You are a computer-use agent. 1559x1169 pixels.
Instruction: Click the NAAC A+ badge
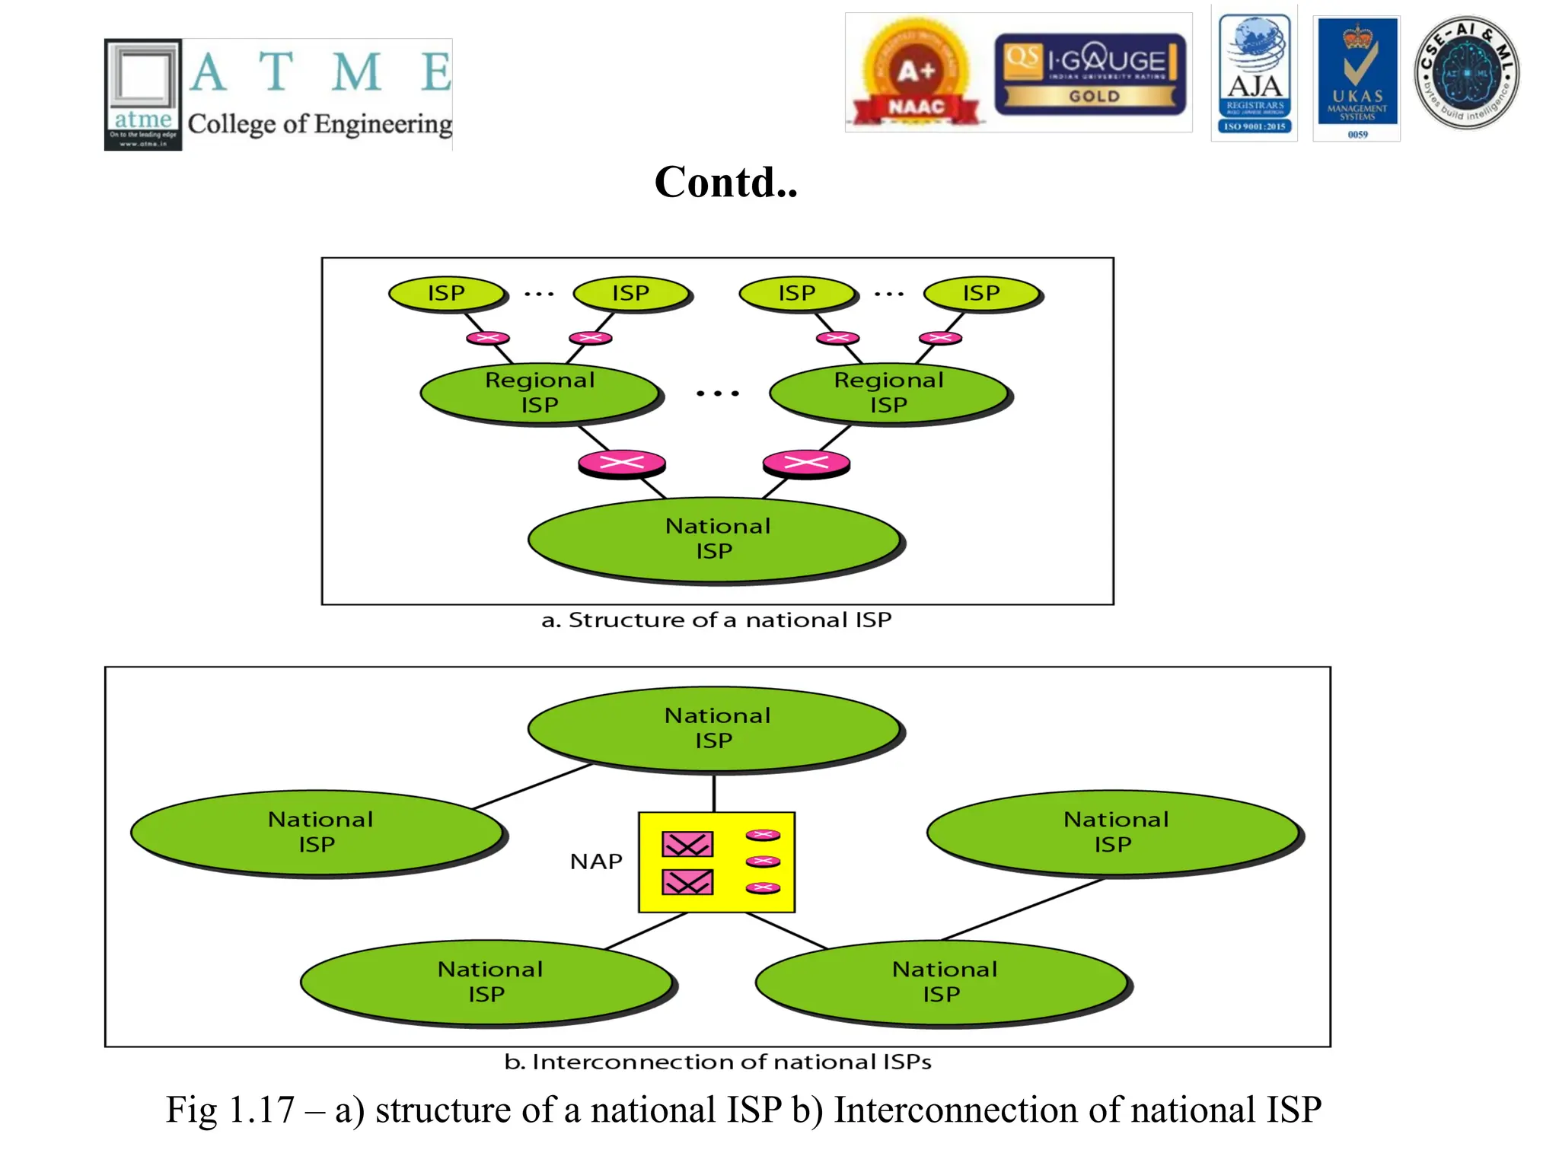point(916,74)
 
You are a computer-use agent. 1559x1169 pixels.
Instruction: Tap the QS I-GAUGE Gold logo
point(1089,74)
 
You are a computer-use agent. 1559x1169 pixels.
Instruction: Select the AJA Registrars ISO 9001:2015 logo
point(1254,74)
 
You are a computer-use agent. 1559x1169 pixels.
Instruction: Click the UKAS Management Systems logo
point(1357,76)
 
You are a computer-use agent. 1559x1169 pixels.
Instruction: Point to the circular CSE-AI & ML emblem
point(1466,73)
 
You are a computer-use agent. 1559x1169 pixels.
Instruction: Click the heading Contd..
point(725,183)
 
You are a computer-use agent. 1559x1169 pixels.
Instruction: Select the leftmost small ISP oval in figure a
point(447,293)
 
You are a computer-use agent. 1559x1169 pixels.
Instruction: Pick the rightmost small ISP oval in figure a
point(981,293)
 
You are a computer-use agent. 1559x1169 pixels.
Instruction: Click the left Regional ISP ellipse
point(540,392)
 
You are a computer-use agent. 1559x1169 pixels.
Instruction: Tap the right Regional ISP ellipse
point(888,392)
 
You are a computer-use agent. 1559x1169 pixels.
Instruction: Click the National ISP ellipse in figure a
point(716,539)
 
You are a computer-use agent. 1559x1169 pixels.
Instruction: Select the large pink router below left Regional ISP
point(621,462)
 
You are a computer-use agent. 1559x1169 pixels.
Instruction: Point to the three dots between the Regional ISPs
point(717,393)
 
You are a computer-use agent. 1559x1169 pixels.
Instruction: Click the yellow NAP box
point(716,862)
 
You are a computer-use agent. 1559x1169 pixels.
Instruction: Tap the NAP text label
point(596,862)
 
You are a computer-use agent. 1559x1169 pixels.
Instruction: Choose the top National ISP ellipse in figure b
point(716,728)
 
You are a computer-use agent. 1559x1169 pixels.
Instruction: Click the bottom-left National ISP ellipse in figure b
point(487,982)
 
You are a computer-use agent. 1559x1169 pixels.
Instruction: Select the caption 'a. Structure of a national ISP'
point(716,620)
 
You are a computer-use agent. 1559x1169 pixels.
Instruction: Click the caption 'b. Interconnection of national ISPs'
point(717,1062)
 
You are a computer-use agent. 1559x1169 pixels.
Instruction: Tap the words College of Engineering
point(320,124)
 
